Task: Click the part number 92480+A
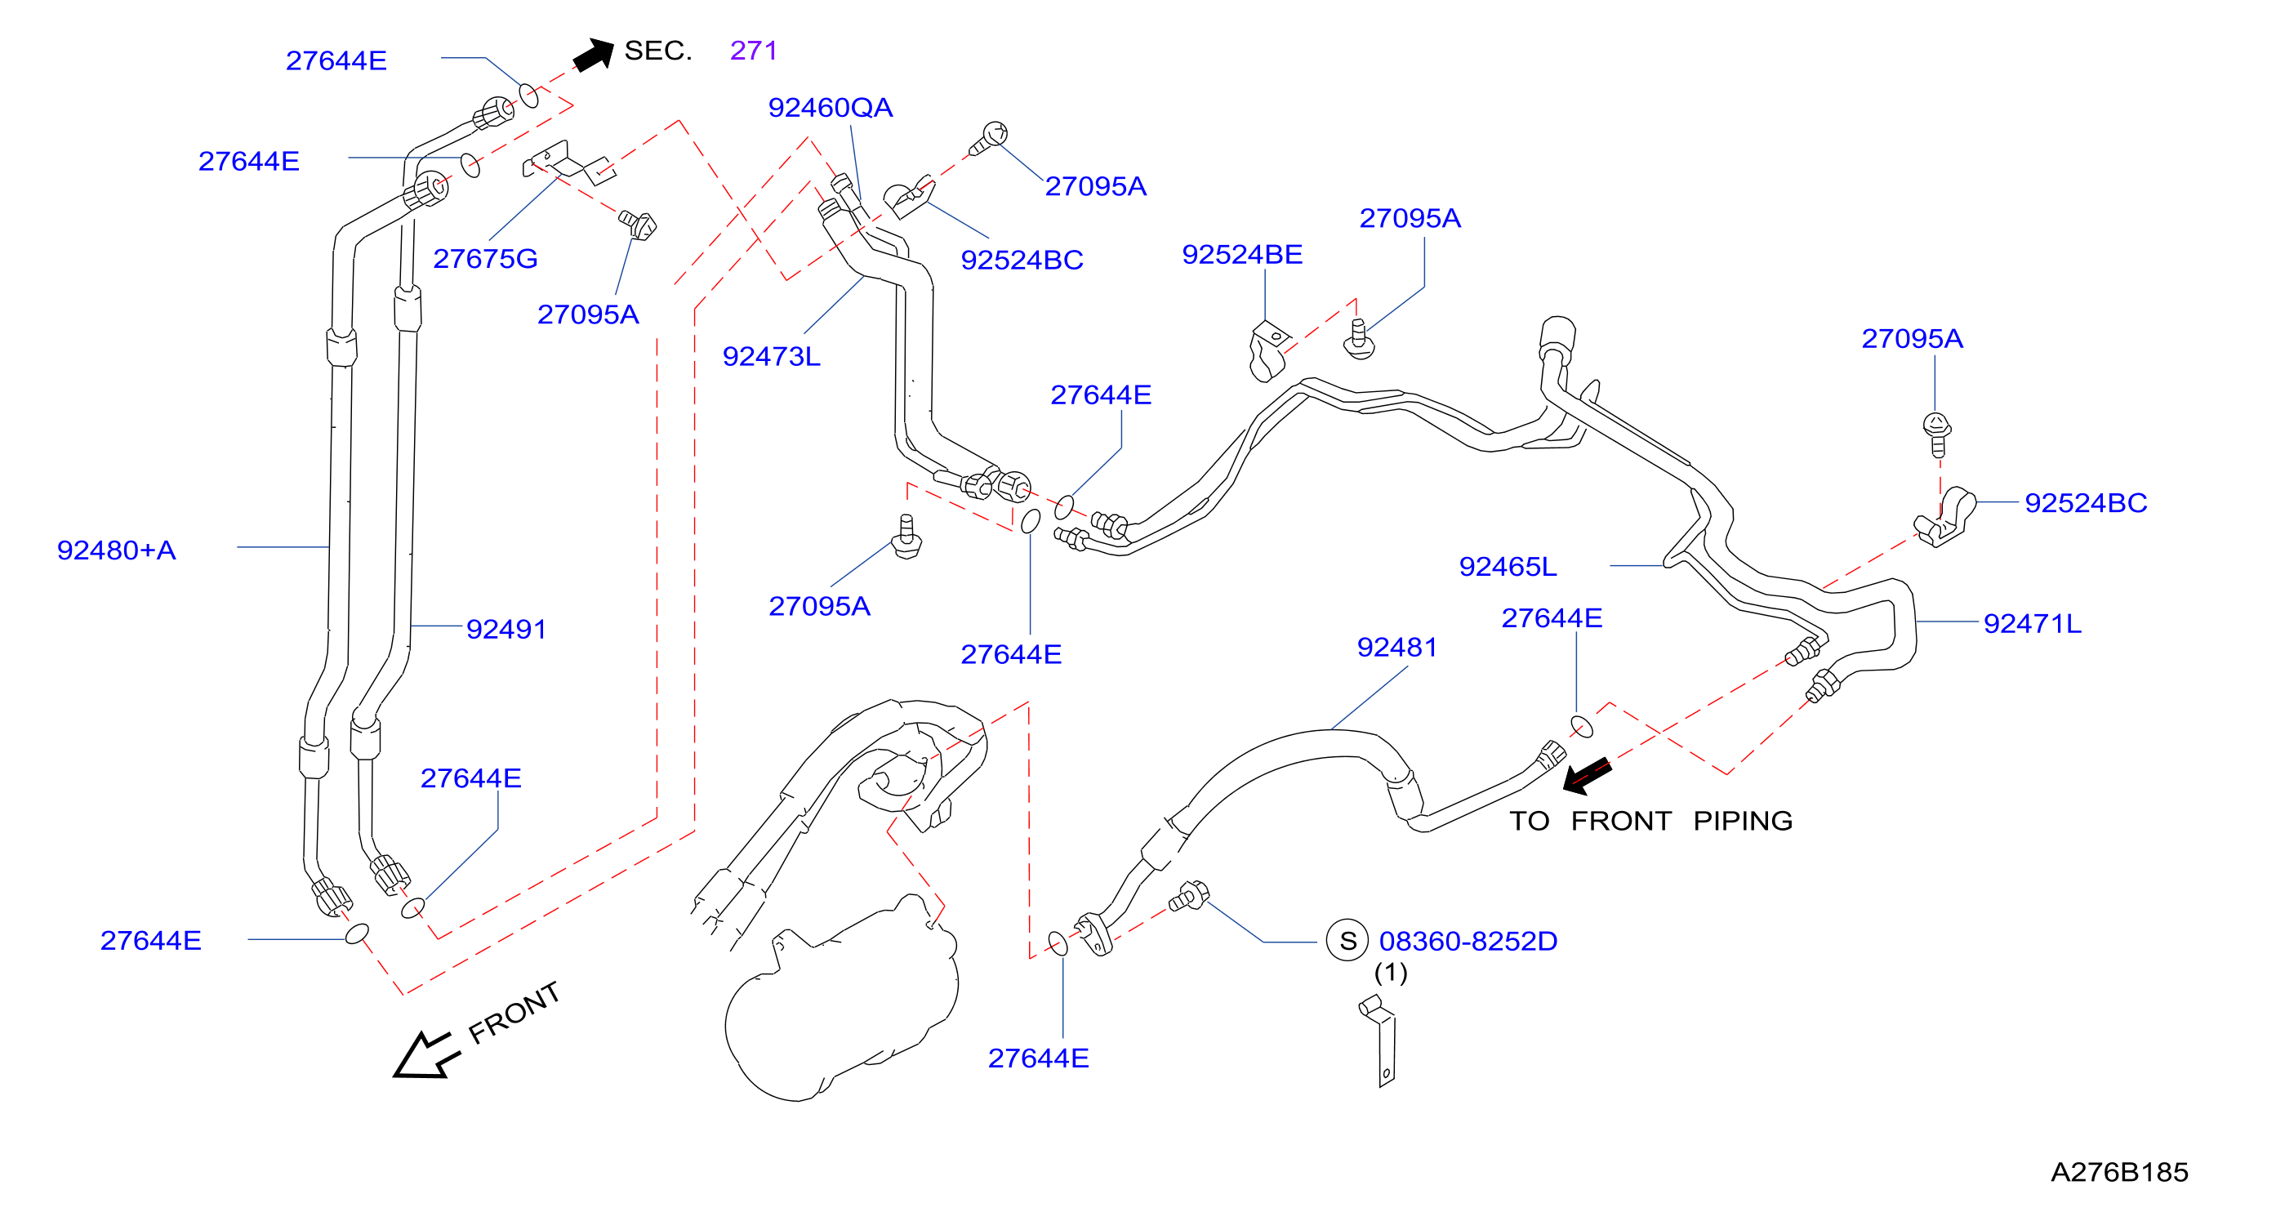point(117,550)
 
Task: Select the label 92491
point(506,629)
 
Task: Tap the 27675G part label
point(485,258)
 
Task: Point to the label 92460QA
point(831,107)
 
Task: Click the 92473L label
point(772,356)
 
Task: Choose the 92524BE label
point(1242,255)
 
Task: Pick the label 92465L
point(1508,566)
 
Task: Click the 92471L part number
point(2032,624)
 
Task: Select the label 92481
point(1396,648)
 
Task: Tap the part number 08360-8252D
point(1468,941)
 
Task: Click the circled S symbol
point(1347,941)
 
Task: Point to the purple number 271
point(754,51)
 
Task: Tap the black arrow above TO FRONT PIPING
point(1587,775)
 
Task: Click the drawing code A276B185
point(2118,1172)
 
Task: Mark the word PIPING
point(1743,821)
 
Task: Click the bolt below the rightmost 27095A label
point(1937,434)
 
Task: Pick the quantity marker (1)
point(1391,973)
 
